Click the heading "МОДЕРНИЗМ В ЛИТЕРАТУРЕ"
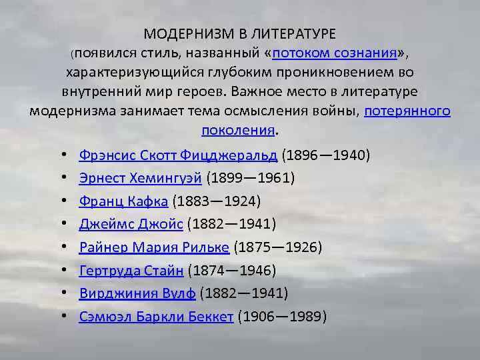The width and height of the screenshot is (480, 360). (240, 33)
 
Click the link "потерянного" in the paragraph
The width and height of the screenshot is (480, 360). (407, 111)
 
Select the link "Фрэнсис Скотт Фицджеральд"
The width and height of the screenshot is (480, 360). (178, 155)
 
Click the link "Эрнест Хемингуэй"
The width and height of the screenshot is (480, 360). (141, 178)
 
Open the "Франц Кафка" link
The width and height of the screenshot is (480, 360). (123, 201)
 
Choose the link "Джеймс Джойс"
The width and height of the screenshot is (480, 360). (131, 224)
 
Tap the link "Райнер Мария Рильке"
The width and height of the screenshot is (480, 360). (154, 247)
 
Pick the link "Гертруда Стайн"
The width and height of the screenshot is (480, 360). (131, 270)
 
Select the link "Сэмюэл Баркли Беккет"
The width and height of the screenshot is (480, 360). (156, 316)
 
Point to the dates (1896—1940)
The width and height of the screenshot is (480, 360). (326, 155)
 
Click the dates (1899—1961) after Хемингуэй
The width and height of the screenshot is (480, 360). (251, 178)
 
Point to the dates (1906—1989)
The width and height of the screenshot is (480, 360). (282, 316)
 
